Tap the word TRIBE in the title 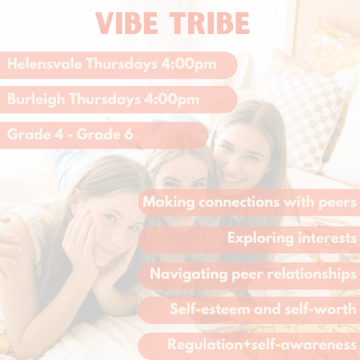(211, 23)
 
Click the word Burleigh (33, 100)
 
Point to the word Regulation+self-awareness (262, 345)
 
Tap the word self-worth (325, 309)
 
